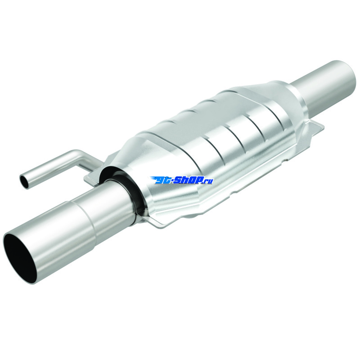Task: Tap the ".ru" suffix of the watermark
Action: (x=208, y=181)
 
